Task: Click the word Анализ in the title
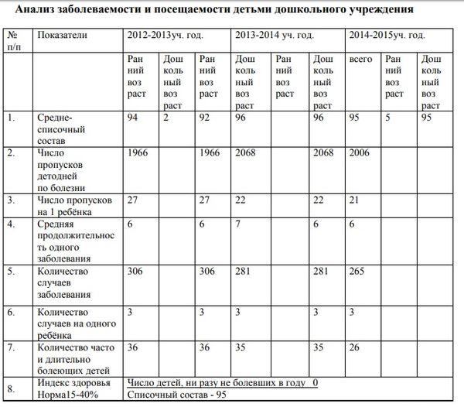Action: coord(39,10)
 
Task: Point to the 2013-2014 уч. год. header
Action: coord(275,36)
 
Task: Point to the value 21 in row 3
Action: coord(355,201)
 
